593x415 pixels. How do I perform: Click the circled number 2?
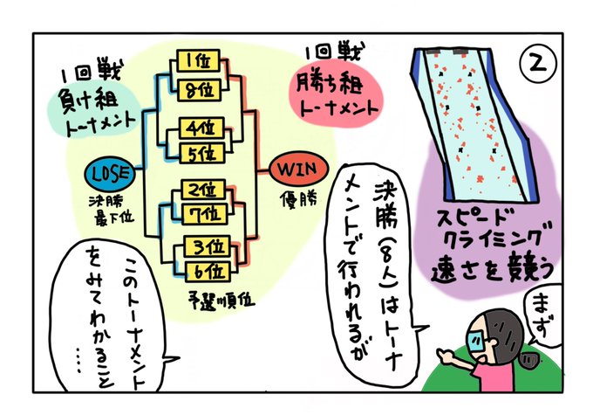click(x=539, y=64)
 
